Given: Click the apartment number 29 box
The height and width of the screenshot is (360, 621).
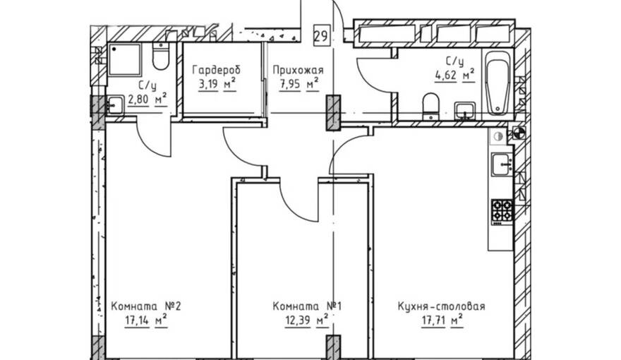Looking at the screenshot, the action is pyautogui.click(x=322, y=36).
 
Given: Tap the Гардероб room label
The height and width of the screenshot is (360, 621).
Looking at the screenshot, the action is pyautogui.click(x=216, y=71).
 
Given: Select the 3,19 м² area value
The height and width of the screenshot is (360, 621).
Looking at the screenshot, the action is pyautogui.click(x=217, y=85).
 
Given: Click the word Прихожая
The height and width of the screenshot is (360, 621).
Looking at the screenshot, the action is pyautogui.click(x=298, y=71).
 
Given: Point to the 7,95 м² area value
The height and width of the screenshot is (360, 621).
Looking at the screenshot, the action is pyautogui.click(x=299, y=85).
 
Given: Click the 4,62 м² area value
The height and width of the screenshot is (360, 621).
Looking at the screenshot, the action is pyautogui.click(x=454, y=75).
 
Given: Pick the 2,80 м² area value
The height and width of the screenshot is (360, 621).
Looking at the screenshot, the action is pyautogui.click(x=147, y=99).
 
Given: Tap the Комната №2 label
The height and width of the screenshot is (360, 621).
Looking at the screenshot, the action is pyautogui.click(x=146, y=306).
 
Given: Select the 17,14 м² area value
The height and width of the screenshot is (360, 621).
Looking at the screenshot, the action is pyautogui.click(x=146, y=320).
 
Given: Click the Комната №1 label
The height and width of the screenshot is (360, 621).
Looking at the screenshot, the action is pyautogui.click(x=307, y=306).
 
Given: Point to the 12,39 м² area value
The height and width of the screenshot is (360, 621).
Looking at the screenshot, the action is pyautogui.click(x=307, y=320).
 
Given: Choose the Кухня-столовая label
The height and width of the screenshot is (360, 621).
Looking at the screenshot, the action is pyautogui.click(x=441, y=306).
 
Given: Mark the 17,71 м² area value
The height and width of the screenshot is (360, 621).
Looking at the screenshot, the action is pyautogui.click(x=442, y=320).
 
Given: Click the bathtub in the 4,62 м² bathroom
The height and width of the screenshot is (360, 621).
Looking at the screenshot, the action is pyautogui.click(x=497, y=83).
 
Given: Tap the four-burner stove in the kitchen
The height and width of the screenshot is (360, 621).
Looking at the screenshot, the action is pyautogui.click(x=502, y=210).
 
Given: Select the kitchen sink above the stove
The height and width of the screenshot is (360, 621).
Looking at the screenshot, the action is pyautogui.click(x=502, y=164).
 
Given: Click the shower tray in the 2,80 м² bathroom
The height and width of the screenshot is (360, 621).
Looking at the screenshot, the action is pyautogui.click(x=124, y=59).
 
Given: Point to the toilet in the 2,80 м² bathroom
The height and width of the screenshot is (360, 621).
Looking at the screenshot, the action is pyautogui.click(x=161, y=56).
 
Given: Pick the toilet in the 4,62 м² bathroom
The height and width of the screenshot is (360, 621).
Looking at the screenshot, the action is pyautogui.click(x=430, y=106).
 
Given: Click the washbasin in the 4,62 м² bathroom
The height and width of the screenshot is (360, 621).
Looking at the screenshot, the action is pyautogui.click(x=464, y=110).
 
